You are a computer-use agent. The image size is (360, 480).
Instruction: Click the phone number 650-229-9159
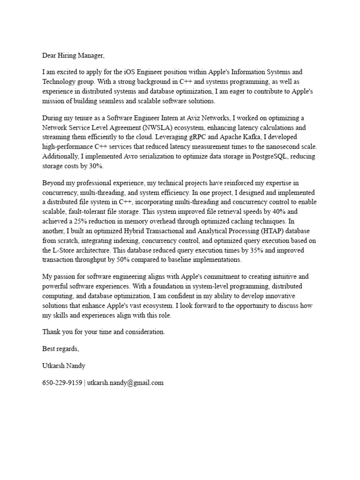click(61, 382)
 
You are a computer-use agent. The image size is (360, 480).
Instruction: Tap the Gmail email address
click(125, 382)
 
